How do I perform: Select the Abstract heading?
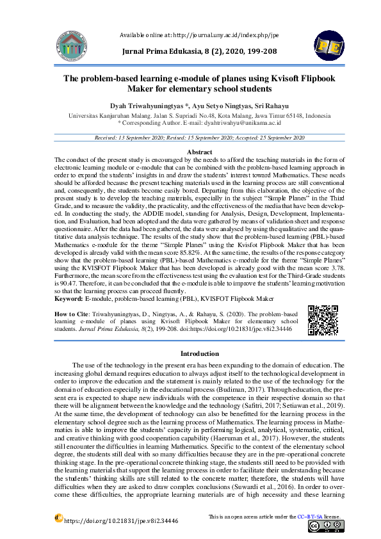coord(199,152)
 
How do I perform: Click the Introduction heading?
coord(199,353)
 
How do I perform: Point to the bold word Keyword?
coord(69,298)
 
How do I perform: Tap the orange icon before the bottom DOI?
coord(58,518)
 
